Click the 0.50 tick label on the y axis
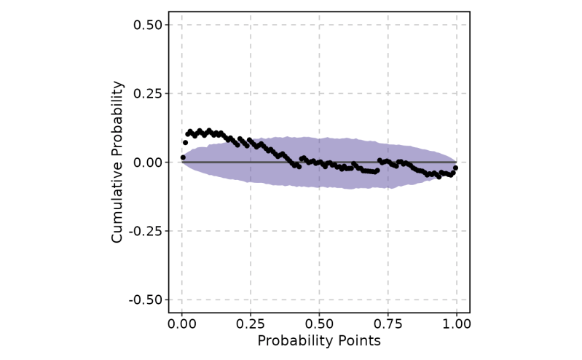coord(149,25)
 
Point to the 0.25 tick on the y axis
coord(149,93)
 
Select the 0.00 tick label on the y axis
coord(149,162)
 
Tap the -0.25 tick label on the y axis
coord(146,231)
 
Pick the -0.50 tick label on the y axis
coord(146,300)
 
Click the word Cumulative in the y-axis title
coord(117,205)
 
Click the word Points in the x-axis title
coord(357,341)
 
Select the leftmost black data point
coord(183,157)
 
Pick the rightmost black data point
coord(455,168)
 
